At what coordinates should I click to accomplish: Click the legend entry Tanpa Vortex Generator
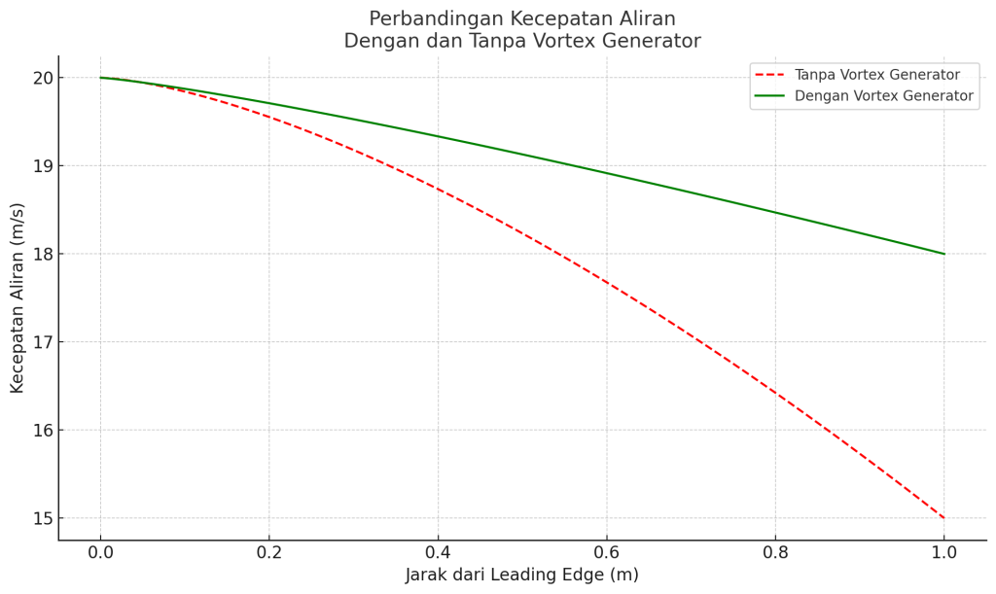(x=876, y=75)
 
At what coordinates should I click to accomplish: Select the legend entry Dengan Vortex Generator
(x=883, y=96)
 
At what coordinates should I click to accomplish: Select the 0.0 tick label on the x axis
(x=100, y=552)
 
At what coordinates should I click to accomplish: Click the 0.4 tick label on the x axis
(x=438, y=552)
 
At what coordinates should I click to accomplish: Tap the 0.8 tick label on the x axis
(x=775, y=552)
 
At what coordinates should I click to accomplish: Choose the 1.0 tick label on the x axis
(x=944, y=552)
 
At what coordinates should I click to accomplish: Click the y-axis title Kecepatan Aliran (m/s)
(x=18, y=297)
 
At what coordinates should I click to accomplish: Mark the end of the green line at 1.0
(x=944, y=254)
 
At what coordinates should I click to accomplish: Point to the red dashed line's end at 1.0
(x=944, y=518)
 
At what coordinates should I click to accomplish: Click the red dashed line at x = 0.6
(x=607, y=283)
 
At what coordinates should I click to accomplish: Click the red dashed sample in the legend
(x=769, y=75)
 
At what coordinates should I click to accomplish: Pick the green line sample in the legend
(x=769, y=96)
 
